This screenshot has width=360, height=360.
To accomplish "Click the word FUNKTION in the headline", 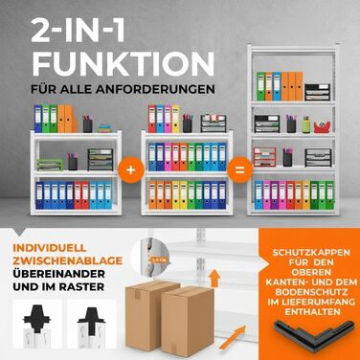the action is [x=124, y=63].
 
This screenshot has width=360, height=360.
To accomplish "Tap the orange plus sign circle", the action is [x=130, y=170].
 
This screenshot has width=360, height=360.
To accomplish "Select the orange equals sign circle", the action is [x=239, y=170].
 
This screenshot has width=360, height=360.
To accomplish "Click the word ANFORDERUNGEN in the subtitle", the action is [x=167, y=89].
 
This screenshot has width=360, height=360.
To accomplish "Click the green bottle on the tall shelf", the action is [x=306, y=124].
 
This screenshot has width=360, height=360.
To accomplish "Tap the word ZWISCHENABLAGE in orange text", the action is [x=68, y=260].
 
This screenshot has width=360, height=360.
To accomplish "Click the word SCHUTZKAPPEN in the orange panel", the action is [x=311, y=253].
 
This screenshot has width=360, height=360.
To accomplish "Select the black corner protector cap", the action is [x=314, y=333].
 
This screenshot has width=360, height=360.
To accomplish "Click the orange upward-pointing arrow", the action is [x=215, y=278].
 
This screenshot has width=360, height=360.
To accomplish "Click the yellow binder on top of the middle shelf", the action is [x=176, y=119].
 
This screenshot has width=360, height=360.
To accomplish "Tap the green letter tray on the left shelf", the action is [x=50, y=165].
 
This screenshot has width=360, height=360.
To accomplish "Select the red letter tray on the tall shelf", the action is [x=264, y=157].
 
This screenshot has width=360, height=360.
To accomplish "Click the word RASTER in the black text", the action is [x=84, y=286].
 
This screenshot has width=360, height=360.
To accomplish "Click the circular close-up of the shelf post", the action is [x=154, y=258].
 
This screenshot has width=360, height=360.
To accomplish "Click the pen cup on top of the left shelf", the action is [x=88, y=124].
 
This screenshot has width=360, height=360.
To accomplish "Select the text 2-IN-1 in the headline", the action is [x=78, y=31].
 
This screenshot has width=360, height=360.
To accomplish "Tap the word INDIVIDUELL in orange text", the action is [x=50, y=248].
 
